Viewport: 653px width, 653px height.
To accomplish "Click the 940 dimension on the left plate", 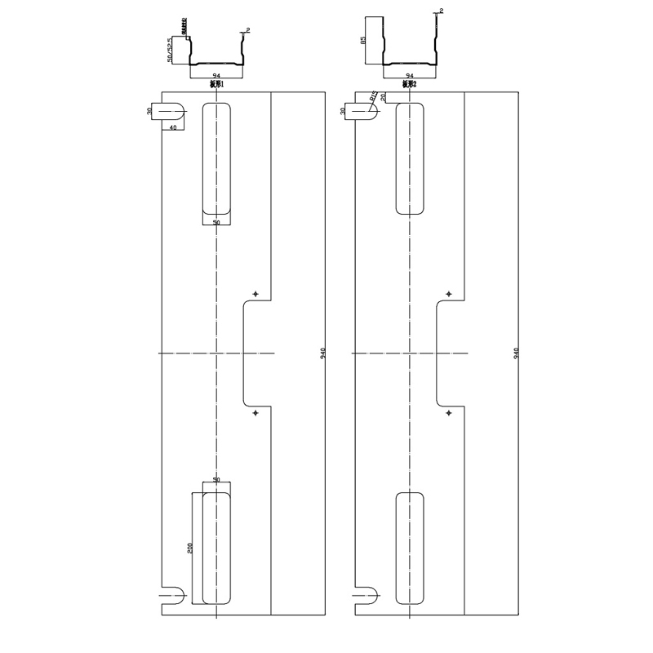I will (x=323, y=353).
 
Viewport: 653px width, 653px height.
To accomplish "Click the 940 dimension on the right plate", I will (x=516, y=353).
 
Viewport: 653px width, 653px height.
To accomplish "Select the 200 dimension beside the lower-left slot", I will (x=189, y=548).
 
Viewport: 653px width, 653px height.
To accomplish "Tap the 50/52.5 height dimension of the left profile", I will (x=170, y=50).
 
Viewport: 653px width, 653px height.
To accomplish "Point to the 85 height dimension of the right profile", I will (x=363, y=39).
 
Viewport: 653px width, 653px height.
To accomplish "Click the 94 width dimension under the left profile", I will (x=216, y=75).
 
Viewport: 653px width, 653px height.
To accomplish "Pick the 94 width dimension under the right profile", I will (x=409, y=75).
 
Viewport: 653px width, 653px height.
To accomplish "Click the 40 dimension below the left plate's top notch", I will (x=173, y=127).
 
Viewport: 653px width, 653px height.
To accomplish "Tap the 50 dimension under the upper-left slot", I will (x=216, y=222).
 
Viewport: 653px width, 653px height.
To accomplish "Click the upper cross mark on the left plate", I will (x=255, y=294).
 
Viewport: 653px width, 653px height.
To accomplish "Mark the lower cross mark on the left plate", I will (x=255, y=413).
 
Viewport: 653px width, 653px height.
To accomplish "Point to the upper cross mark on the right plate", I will (x=448, y=294).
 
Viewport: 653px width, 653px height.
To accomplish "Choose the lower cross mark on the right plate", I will (x=448, y=413).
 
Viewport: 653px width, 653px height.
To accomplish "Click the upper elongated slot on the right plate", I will (x=410, y=158).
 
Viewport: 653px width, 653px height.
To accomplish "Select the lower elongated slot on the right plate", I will (x=410, y=548).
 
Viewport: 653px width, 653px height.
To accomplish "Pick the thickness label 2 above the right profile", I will (x=441, y=11).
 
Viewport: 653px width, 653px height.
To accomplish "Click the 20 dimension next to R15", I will (x=383, y=97).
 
